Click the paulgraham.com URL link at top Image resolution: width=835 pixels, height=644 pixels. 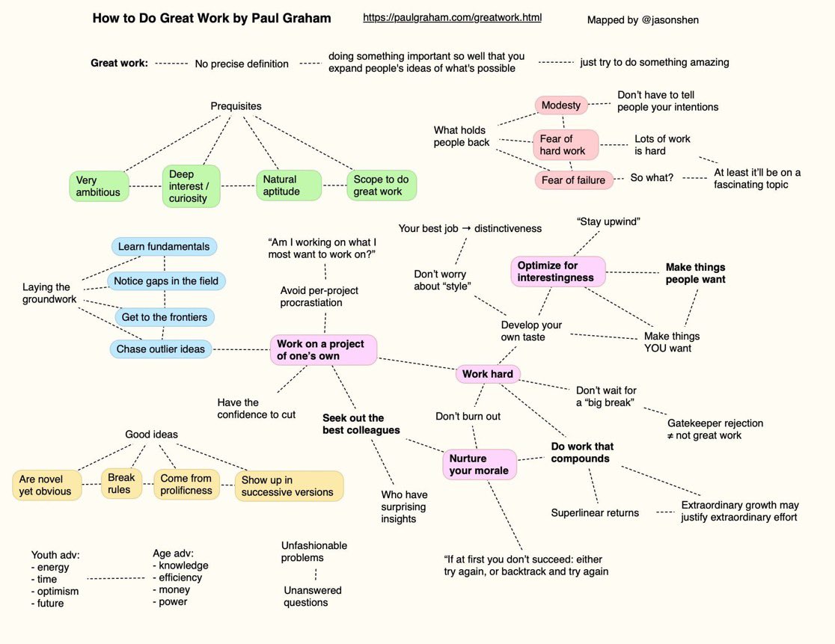[452, 17]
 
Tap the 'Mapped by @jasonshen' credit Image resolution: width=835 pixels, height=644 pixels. [643, 20]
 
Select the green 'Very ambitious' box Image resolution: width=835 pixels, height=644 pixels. [99, 186]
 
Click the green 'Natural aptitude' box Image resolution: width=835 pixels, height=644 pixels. [288, 185]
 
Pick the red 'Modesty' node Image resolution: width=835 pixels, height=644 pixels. [560, 105]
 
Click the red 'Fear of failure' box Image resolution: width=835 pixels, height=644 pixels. [573, 180]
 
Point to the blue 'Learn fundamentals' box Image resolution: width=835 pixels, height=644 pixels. [164, 247]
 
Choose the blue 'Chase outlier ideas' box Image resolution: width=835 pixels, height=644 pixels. [160, 349]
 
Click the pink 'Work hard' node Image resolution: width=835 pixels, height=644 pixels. [487, 374]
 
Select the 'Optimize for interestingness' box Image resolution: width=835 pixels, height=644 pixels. [557, 272]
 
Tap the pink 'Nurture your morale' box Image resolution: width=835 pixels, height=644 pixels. [479, 464]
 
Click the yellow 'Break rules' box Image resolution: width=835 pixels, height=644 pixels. [120, 484]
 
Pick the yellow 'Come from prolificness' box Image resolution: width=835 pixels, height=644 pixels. [186, 485]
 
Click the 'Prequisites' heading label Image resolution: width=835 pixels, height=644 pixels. [236, 106]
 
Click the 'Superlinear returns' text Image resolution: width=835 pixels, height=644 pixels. [595, 513]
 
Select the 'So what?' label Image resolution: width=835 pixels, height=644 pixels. [651, 178]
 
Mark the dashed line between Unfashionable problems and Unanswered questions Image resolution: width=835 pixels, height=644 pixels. [315, 574]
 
